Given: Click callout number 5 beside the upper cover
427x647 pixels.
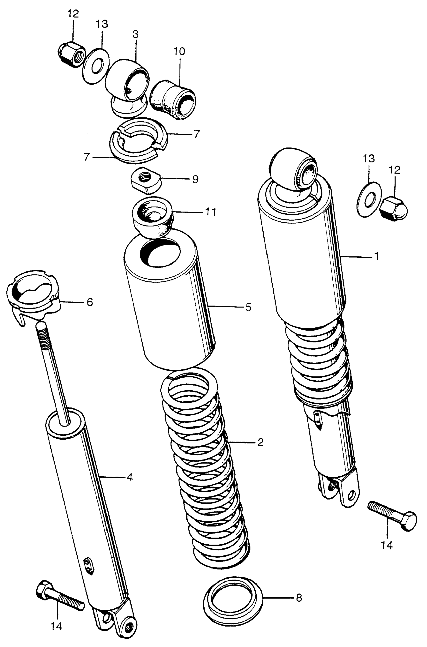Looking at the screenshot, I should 248,307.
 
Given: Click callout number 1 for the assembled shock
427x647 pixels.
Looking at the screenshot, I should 376,256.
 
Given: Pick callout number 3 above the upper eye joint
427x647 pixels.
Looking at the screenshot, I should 135,35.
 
